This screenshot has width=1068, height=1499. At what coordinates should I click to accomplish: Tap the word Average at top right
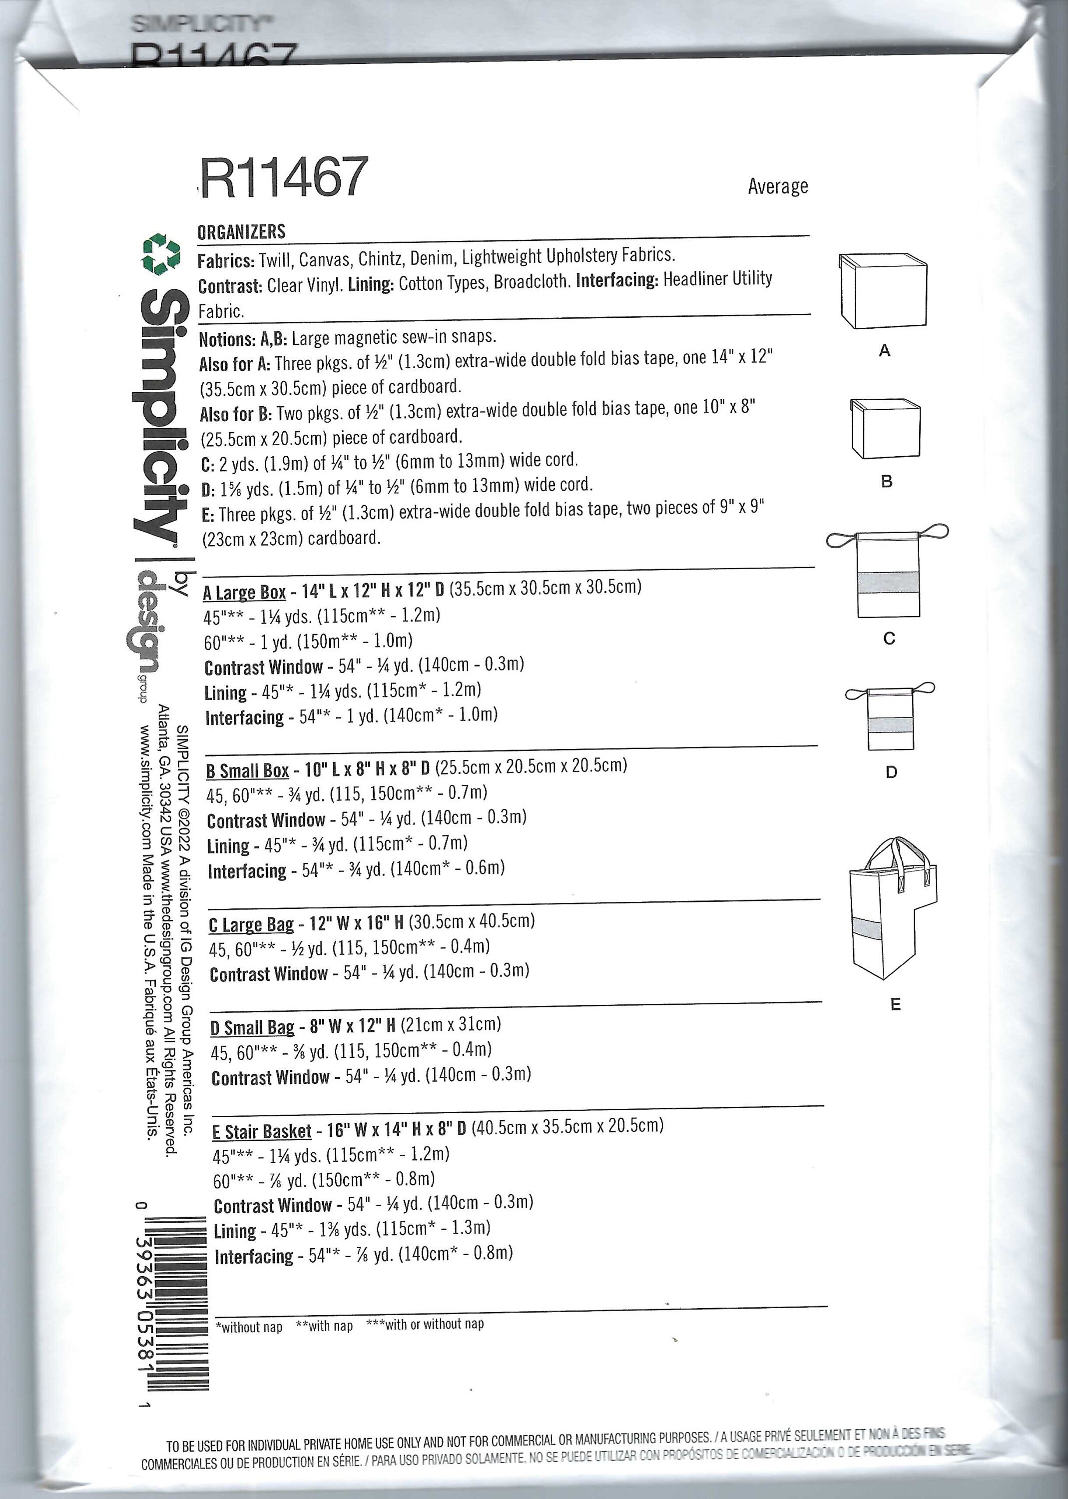pyautogui.click(x=777, y=187)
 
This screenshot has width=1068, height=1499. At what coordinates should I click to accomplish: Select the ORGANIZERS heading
pyautogui.click(x=241, y=231)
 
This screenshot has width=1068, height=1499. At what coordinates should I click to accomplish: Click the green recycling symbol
pyautogui.click(x=161, y=254)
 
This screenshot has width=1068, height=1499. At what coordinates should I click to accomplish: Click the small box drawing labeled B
pyautogui.click(x=885, y=428)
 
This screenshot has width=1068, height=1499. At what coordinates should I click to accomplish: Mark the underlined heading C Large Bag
pyautogui.click(x=251, y=925)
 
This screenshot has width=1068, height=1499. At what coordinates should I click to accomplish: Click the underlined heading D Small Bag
pyautogui.click(x=253, y=1027)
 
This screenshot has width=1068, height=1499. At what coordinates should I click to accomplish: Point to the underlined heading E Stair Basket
pyautogui.click(x=262, y=1131)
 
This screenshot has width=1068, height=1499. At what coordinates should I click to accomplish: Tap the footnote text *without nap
pyautogui.click(x=249, y=1327)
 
